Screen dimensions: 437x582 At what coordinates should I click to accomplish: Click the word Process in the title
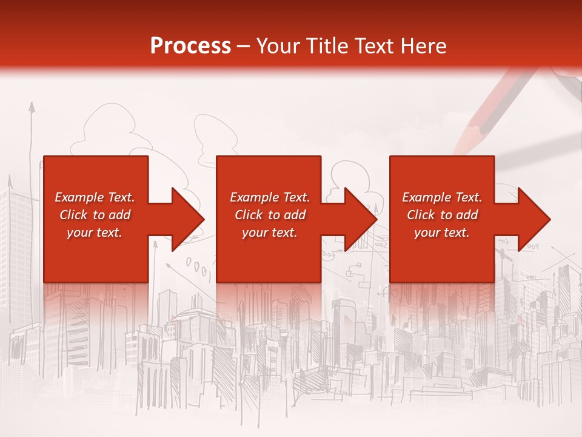pyautogui.click(x=190, y=46)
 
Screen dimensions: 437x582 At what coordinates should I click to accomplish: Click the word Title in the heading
pyautogui.click(x=327, y=46)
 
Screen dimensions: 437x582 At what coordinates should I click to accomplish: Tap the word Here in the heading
pyautogui.click(x=424, y=46)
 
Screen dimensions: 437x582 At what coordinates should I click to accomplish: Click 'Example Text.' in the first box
pyautogui.click(x=95, y=197)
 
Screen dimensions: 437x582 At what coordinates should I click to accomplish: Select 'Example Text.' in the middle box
pyautogui.click(x=270, y=197)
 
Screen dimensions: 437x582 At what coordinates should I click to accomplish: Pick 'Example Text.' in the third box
pyautogui.click(x=442, y=197)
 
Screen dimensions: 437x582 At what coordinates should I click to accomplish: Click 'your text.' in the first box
pyautogui.click(x=95, y=232)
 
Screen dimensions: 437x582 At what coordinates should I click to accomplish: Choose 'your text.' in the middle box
pyautogui.click(x=270, y=232)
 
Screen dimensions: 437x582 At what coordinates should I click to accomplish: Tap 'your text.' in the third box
pyautogui.click(x=442, y=232)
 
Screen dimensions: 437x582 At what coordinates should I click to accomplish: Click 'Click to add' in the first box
pyautogui.click(x=95, y=215)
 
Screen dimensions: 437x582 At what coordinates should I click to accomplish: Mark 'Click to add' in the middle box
pyautogui.click(x=270, y=215)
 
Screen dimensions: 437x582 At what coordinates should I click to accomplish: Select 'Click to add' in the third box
pyautogui.click(x=442, y=215)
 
